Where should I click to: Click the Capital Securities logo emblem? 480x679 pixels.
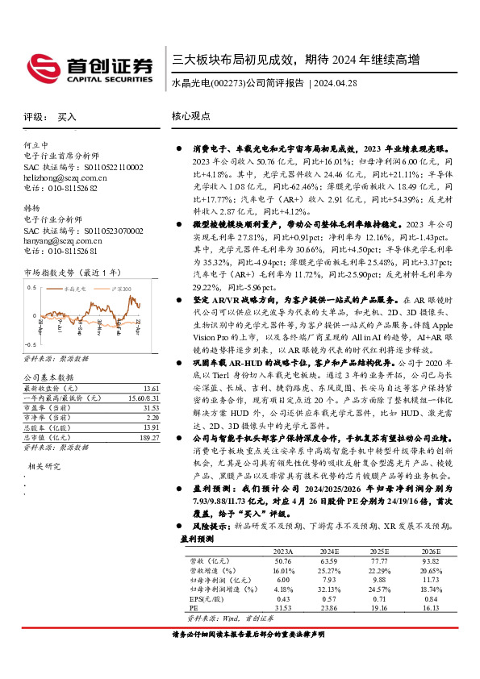(x=42, y=65)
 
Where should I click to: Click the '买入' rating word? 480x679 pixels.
(x=67, y=117)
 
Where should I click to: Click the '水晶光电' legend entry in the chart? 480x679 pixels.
(x=76, y=287)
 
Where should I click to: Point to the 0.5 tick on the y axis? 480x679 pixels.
(x=32, y=287)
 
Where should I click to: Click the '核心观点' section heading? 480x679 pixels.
(x=191, y=117)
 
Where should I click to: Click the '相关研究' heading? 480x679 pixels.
(x=46, y=466)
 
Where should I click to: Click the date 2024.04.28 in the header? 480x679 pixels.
(x=333, y=83)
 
